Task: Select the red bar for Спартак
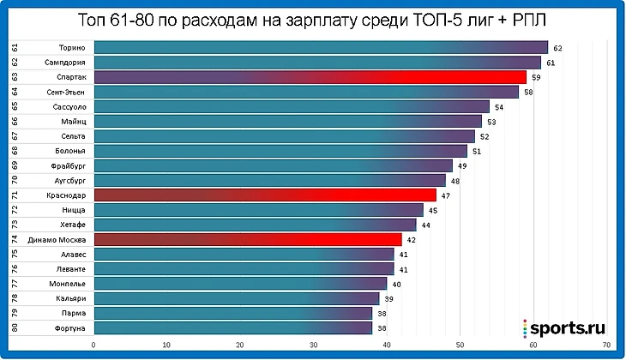(x=309, y=77)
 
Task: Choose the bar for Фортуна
(x=232, y=328)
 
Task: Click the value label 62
(x=557, y=48)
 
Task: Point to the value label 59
(x=536, y=77)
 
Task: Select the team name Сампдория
(x=63, y=63)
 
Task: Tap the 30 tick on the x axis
(x=313, y=345)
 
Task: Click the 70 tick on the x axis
(x=606, y=345)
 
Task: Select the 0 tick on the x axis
(x=93, y=345)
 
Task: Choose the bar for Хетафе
(x=254, y=225)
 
